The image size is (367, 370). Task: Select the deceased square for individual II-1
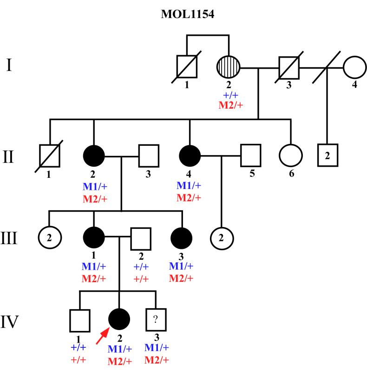[x=50, y=156]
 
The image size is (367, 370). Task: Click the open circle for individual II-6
[x=291, y=156]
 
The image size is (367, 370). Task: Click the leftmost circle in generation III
[x=50, y=238]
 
